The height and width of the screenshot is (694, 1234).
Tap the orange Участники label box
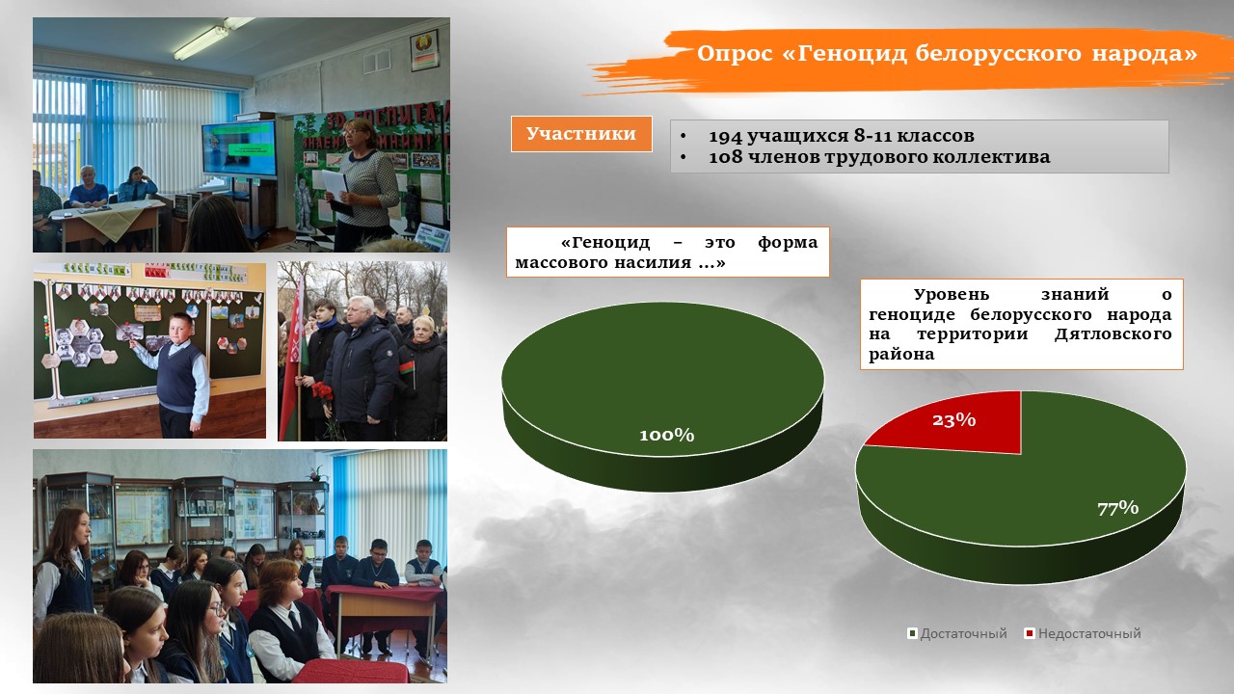click(581, 134)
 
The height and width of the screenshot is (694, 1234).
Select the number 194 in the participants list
click(725, 136)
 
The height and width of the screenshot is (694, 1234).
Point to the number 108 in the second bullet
click(725, 157)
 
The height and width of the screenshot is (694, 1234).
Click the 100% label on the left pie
click(666, 435)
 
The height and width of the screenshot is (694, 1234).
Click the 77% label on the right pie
click(1117, 508)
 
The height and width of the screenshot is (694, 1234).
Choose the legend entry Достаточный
click(957, 633)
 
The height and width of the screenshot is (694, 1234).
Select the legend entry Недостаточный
click(1083, 633)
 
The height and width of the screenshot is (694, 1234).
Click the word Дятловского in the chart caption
click(1113, 334)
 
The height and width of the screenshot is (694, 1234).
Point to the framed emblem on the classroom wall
click(424, 50)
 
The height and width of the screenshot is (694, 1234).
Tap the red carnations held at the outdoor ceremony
click(322, 394)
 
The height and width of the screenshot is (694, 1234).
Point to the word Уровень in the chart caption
click(952, 295)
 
